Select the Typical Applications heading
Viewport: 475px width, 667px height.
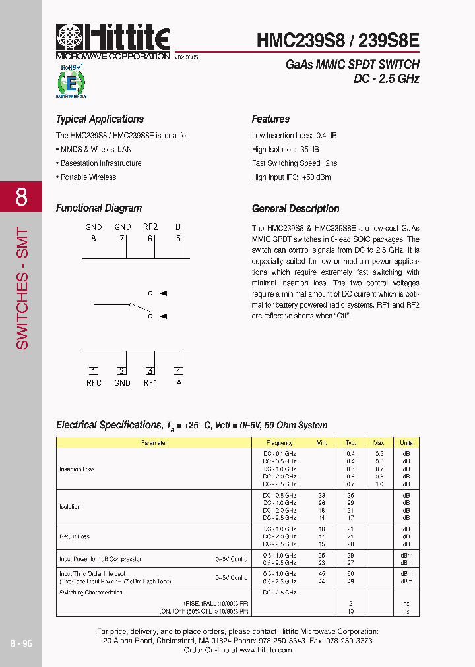(100, 119)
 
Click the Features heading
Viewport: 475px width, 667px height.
(270, 119)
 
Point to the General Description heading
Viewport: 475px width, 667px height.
(296, 209)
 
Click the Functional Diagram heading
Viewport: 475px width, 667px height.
(99, 208)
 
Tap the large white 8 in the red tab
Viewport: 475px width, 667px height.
(21, 196)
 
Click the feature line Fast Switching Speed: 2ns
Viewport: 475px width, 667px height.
(294, 163)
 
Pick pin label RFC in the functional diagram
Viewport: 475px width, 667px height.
(94, 383)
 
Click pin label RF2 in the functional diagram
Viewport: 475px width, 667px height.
(150, 227)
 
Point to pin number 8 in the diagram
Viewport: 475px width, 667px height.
(94, 239)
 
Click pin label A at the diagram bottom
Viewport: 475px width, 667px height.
(179, 383)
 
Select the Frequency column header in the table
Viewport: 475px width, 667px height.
(280, 443)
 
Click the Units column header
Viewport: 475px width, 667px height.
(406, 443)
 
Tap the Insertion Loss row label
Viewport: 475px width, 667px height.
(77, 469)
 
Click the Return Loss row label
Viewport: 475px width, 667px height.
(75, 537)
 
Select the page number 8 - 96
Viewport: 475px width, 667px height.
(21, 645)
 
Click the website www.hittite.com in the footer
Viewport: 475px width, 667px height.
(265, 650)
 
